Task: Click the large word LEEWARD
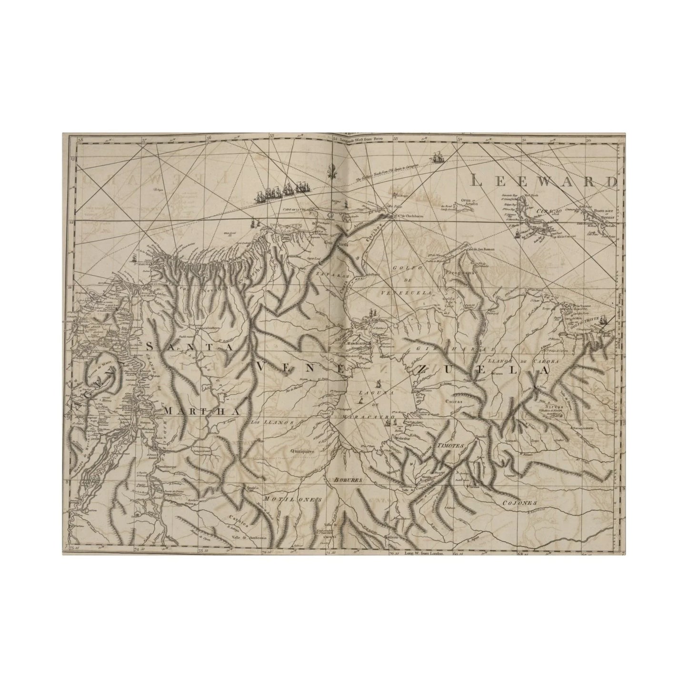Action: click(x=543, y=180)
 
